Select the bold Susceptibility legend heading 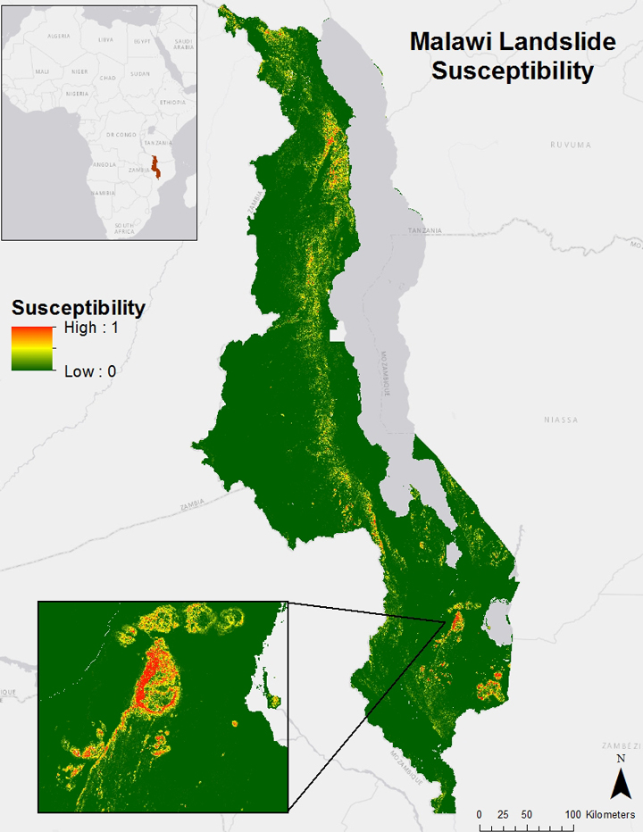78,309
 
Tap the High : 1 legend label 91,329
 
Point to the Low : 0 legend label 90,371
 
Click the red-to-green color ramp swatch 32,348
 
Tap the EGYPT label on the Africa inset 143,41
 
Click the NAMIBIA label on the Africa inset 99,193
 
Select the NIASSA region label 562,419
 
